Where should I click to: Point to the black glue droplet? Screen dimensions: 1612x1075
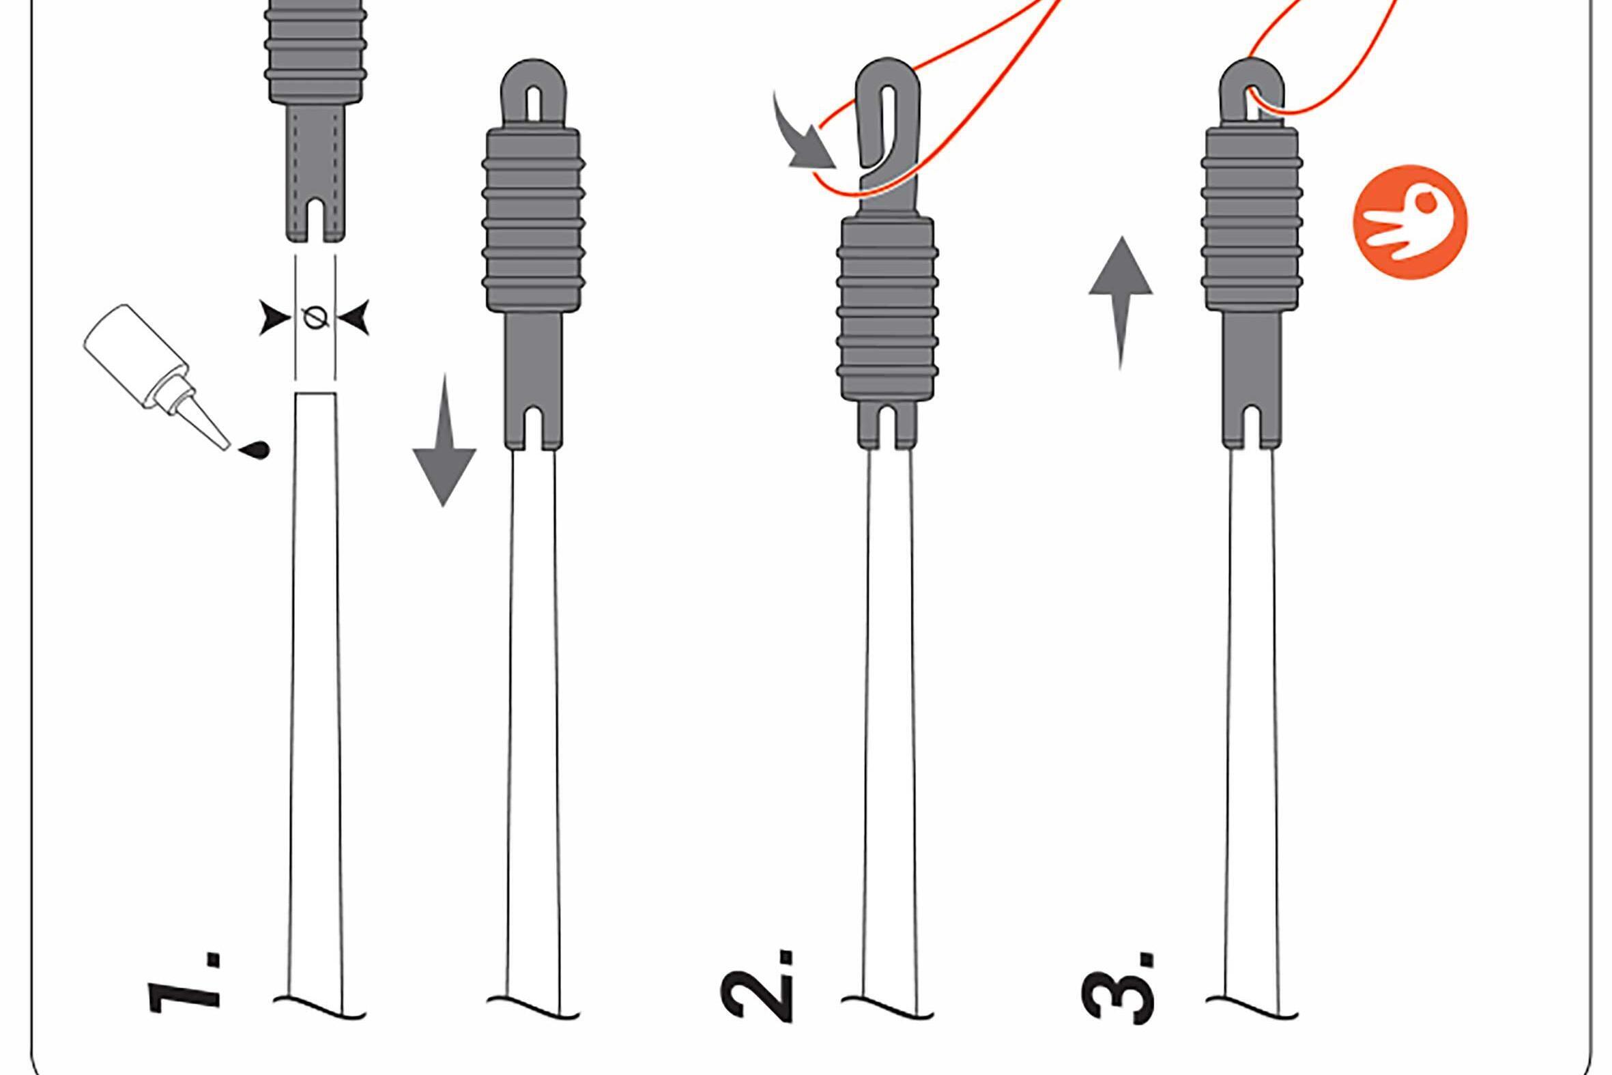(x=255, y=450)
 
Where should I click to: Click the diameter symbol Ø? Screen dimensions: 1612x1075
(x=315, y=317)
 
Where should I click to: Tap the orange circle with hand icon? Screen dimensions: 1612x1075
(x=1410, y=222)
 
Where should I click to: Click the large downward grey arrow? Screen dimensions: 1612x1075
(x=444, y=441)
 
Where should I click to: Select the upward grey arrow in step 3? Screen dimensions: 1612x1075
(x=1121, y=302)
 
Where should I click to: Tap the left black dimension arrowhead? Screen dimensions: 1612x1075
(x=276, y=318)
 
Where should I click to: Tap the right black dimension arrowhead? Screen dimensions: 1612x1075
(x=354, y=318)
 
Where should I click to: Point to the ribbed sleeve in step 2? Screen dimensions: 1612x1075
(x=887, y=309)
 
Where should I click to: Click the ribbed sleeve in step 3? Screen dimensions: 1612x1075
(x=1252, y=219)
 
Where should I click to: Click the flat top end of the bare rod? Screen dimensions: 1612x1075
(x=315, y=394)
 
